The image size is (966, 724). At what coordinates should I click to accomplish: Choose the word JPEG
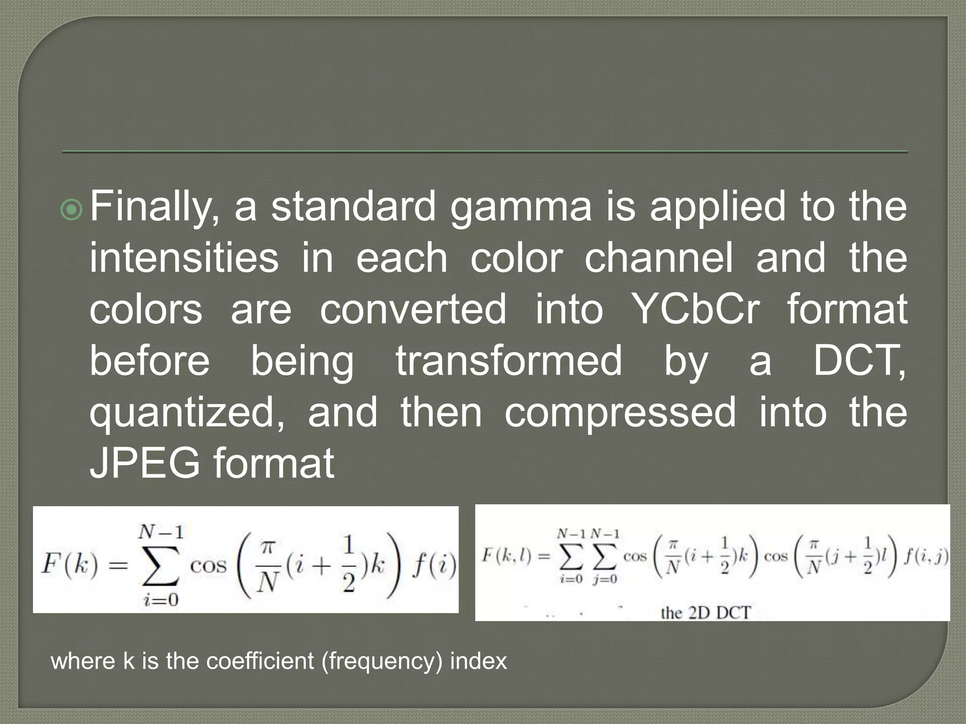145,464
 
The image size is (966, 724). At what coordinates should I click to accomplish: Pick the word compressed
620,412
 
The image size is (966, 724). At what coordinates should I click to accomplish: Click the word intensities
184,258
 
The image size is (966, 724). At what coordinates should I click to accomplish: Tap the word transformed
509,361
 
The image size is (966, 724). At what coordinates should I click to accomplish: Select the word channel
659,258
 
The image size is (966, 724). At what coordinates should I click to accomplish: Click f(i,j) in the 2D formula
926,557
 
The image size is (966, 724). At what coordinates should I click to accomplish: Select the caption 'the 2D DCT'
705,613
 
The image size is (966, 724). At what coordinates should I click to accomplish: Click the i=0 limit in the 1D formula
161,600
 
